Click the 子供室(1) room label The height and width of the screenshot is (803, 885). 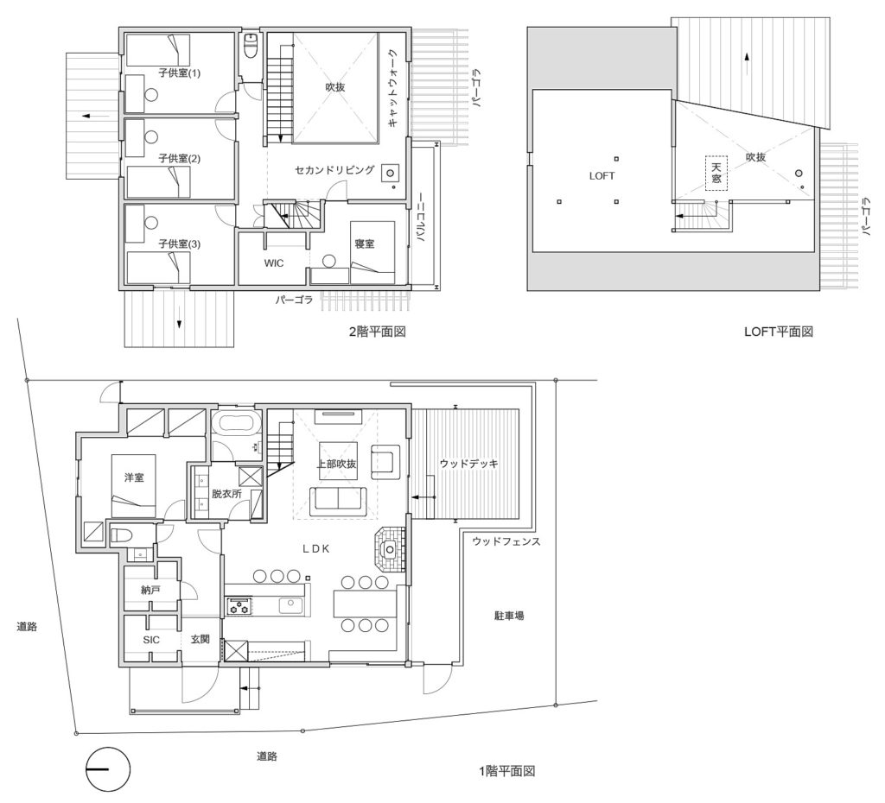(179, 73)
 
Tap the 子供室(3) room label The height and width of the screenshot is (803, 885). (179, 244)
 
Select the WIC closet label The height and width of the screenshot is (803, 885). (274, 263)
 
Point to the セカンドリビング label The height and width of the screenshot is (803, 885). (334, 169)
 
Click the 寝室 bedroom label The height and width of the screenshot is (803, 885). (365, 244)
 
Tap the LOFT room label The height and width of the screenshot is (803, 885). (602, 176)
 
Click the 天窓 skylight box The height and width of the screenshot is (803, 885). (716, 173)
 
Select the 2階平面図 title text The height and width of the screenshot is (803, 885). (378, 332)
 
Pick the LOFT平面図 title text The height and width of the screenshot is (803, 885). (779, 332)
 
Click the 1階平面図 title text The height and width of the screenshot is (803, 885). (506, 771)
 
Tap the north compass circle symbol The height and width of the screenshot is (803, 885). (108, 769)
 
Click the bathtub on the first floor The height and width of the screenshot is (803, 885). (236, 423)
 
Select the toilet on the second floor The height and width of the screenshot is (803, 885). (251, 46)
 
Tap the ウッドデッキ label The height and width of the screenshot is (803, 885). (469, 464)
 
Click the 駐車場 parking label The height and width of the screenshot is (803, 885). (509, 616)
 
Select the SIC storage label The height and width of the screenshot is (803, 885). (151, 640)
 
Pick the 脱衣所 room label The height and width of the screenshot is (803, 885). (226, 493)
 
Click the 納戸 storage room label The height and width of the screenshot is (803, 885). (150, 591)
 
